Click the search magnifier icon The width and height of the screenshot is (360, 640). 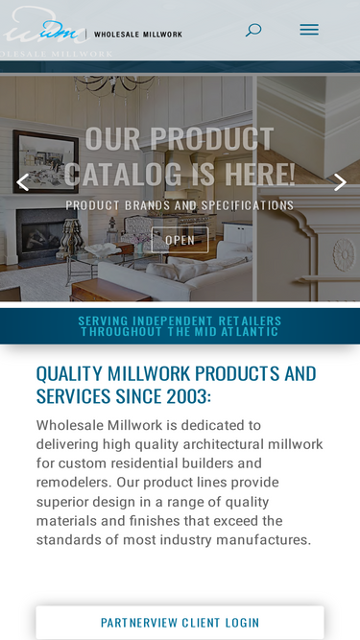(253, 30)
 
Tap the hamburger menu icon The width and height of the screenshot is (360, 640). (309, 30)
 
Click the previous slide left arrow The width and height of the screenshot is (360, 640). (22, 182)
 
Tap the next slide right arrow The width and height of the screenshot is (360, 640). (340, 182)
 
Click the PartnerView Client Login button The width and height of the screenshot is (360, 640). (180, 623)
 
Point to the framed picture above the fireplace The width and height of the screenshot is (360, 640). (45, 161)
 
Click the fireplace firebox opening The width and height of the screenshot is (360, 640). (46, 236)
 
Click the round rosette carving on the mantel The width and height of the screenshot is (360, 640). (344, 255)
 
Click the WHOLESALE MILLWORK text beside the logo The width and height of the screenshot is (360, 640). (138, 35)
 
